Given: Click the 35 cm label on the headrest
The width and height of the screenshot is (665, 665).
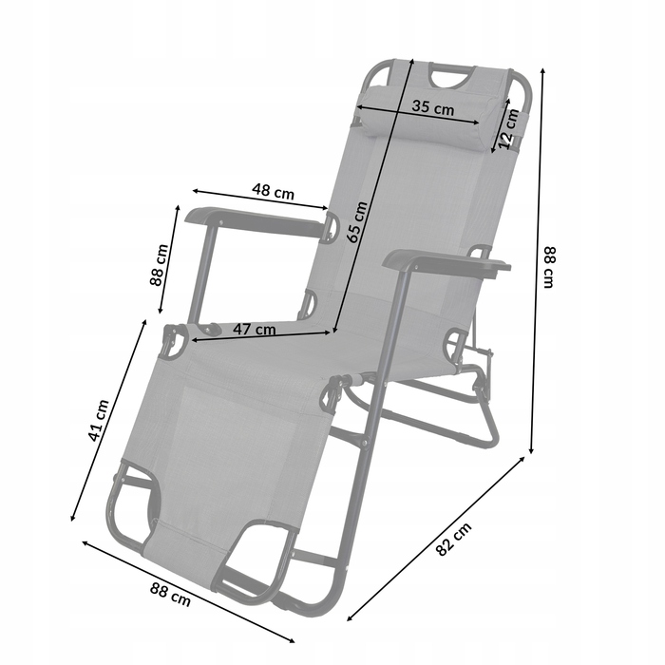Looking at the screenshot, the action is click(x=432, y=107).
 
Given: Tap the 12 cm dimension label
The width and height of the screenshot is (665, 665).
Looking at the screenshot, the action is click(x=508, y=128).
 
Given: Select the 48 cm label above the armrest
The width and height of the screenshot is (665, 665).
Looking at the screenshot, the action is click(x=274, y=191).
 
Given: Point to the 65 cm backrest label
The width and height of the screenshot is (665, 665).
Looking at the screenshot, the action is click(x=356, y=221).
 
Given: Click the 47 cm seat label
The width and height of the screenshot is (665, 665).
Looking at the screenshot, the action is click(x=254, y=329).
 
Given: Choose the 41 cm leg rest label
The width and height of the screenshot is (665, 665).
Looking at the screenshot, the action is click(x=98, y=420).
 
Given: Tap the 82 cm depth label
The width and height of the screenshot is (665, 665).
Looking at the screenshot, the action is click(x=454, y=539).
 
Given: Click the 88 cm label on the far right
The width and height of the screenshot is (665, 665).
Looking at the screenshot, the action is click(x=549, y=267).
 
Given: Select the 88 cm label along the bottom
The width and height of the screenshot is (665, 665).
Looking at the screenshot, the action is click(x=170, y=594).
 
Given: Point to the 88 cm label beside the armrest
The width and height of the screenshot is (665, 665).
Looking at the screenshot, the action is click(x=159, y=265).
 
